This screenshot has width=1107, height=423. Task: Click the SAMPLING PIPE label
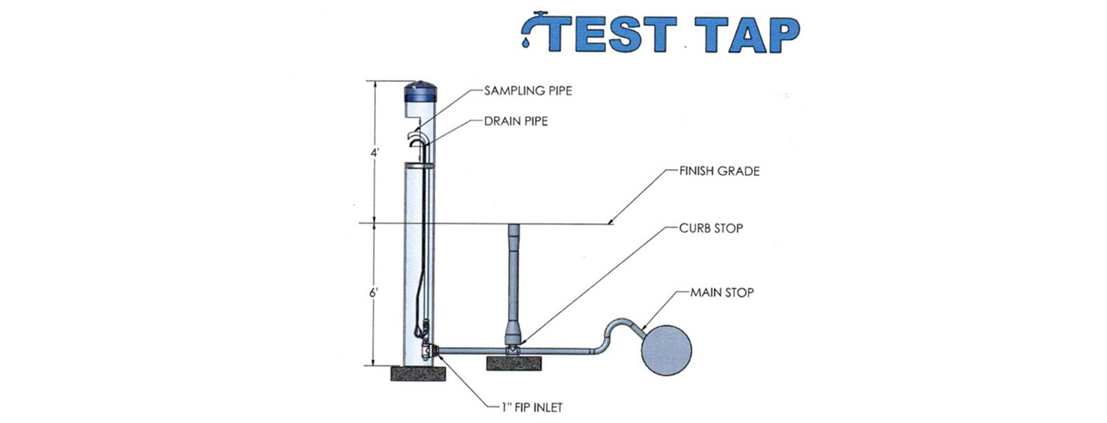tap(528, 91)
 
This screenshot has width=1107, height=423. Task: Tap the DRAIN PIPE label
tap(516, 121)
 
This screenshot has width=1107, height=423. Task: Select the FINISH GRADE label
tap(719, 171)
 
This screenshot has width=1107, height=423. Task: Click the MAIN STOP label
tap(722, 293)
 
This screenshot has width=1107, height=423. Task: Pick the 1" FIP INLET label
tap(532, 407)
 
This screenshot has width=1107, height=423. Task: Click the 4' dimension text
tap(374, 153)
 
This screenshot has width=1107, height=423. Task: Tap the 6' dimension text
tap(374, 293)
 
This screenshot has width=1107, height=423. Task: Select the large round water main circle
tap(666, 350)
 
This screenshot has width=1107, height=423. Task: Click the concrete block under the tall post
tap(418, 373)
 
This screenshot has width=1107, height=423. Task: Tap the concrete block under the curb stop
tap(514, 363)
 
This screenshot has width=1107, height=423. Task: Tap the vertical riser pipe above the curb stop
tap(514, 275)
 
